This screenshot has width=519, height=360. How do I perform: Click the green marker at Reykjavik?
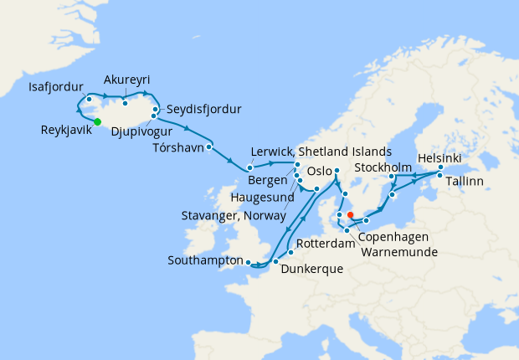pyautogui.click(x=97, y=122)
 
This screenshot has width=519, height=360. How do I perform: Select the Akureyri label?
pyautogui.click(x=126, y=80)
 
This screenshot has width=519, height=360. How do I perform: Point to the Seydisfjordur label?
pyautogui.click(x=203, y=110)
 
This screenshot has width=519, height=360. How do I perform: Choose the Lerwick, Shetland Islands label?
pyautogui.click(x=321, y=152)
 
